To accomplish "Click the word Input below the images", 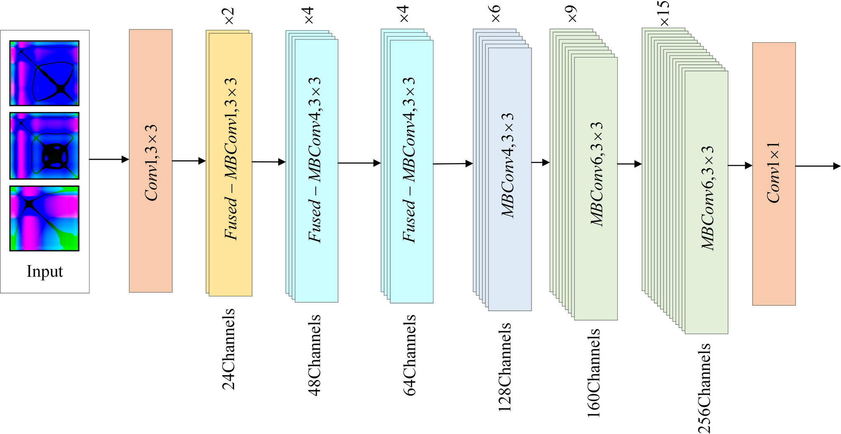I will coord(45,271).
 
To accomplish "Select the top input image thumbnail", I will coord(44,73).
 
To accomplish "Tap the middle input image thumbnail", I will coord(44,146).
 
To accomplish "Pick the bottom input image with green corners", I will coord(44,218).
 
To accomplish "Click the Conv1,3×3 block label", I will coord(151,163).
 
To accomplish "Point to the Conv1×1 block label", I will coord(773,172).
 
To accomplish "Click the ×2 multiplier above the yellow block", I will coord(230,16).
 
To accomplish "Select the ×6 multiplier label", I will coord(495,13).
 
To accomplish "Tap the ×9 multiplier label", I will coord(572,13).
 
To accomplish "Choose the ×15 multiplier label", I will coord(664,13).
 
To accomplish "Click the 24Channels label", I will coord(229,349).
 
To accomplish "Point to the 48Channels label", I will coord(315,355).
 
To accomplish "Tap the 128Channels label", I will coord(505,366).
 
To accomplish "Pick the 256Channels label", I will coord(704,387).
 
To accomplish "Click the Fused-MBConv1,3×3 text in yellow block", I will coord(231,159).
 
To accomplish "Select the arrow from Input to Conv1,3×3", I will coord(109,159).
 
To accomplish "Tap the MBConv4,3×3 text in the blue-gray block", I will coord(508,165).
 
